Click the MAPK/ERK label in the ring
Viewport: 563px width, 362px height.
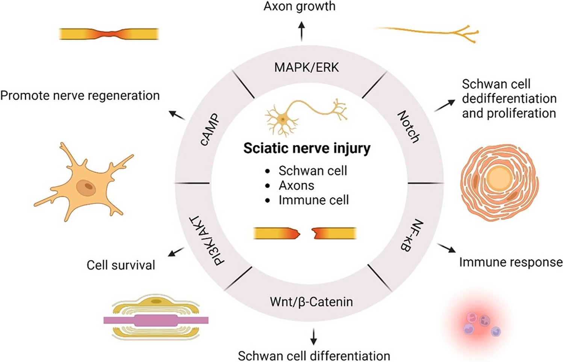[306, 68]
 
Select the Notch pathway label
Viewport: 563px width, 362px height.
[409, 127]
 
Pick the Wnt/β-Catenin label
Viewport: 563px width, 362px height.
[311, 302]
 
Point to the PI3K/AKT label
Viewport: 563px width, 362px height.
[203, 241]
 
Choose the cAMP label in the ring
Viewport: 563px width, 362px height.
[209, 130]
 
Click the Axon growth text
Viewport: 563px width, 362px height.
[299, 6]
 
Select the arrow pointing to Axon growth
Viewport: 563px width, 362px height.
[301, 31]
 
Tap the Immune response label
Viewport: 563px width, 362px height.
[511, 262]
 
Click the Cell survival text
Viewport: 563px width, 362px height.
[121, 265]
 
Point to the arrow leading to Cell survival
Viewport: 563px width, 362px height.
[176, 252]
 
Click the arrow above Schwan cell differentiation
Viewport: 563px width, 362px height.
[313, 336]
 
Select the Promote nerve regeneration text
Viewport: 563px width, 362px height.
[80, 95]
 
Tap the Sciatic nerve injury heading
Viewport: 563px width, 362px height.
[307, 148]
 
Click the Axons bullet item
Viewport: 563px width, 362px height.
[296, 185]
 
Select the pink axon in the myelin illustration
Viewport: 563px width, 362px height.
[156, 320]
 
